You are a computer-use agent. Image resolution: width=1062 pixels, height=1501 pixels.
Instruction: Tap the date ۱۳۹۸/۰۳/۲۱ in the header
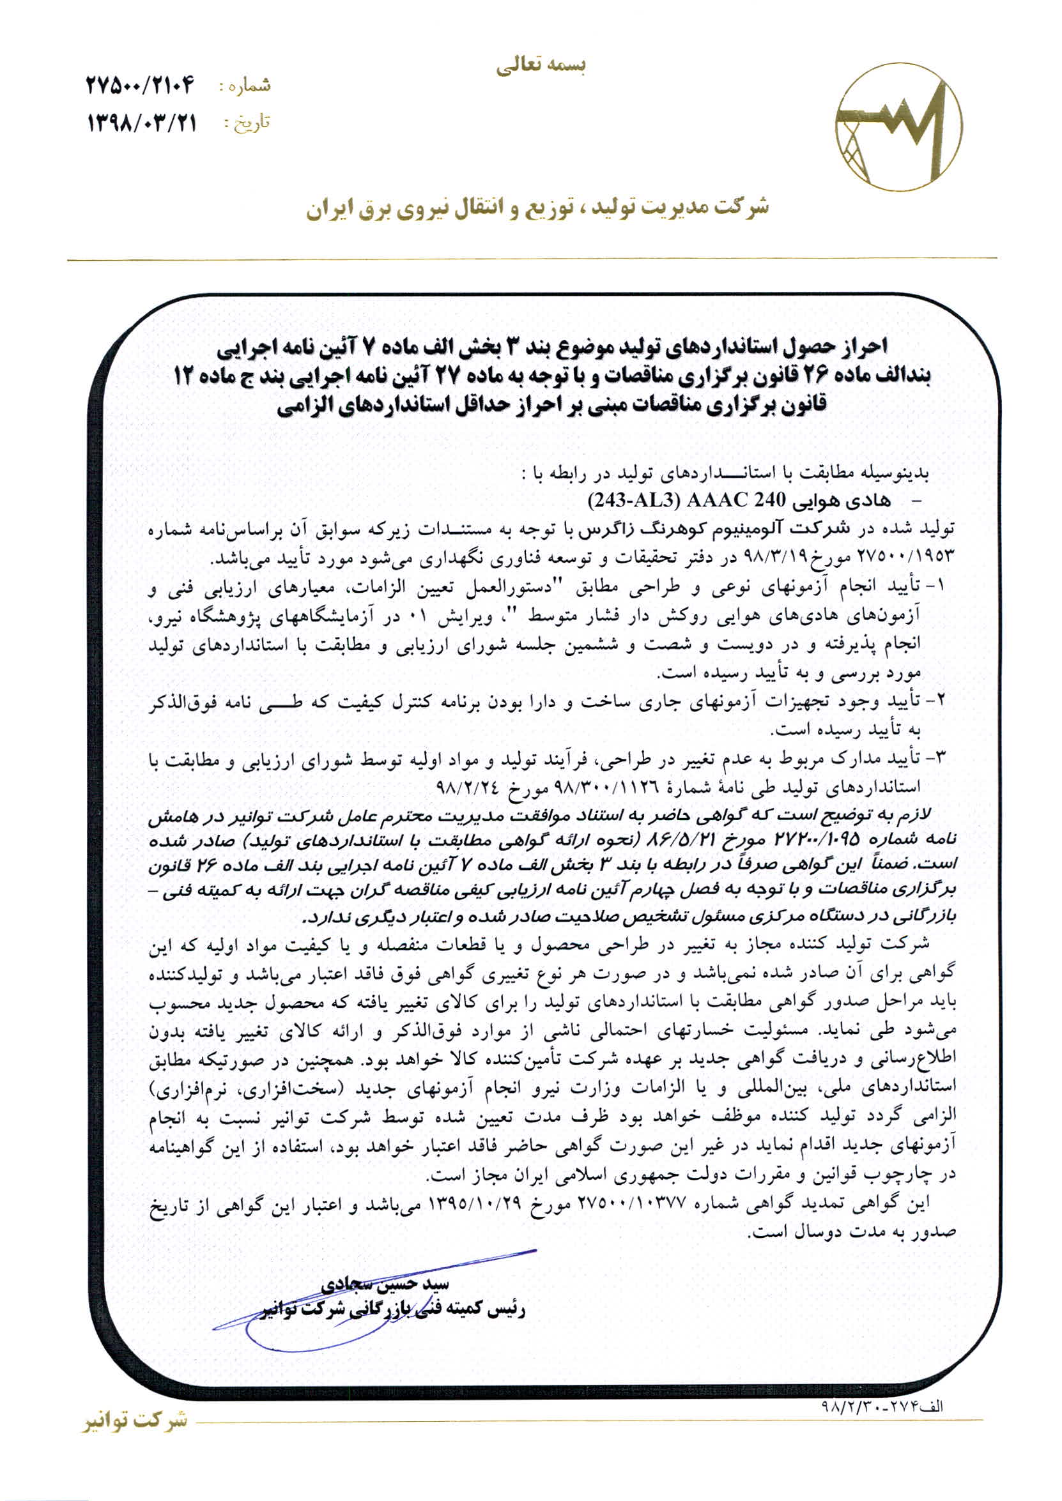142,122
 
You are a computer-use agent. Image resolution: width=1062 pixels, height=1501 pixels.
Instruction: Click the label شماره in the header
244,86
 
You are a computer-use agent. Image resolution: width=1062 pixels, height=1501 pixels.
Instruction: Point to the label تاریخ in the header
247,123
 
